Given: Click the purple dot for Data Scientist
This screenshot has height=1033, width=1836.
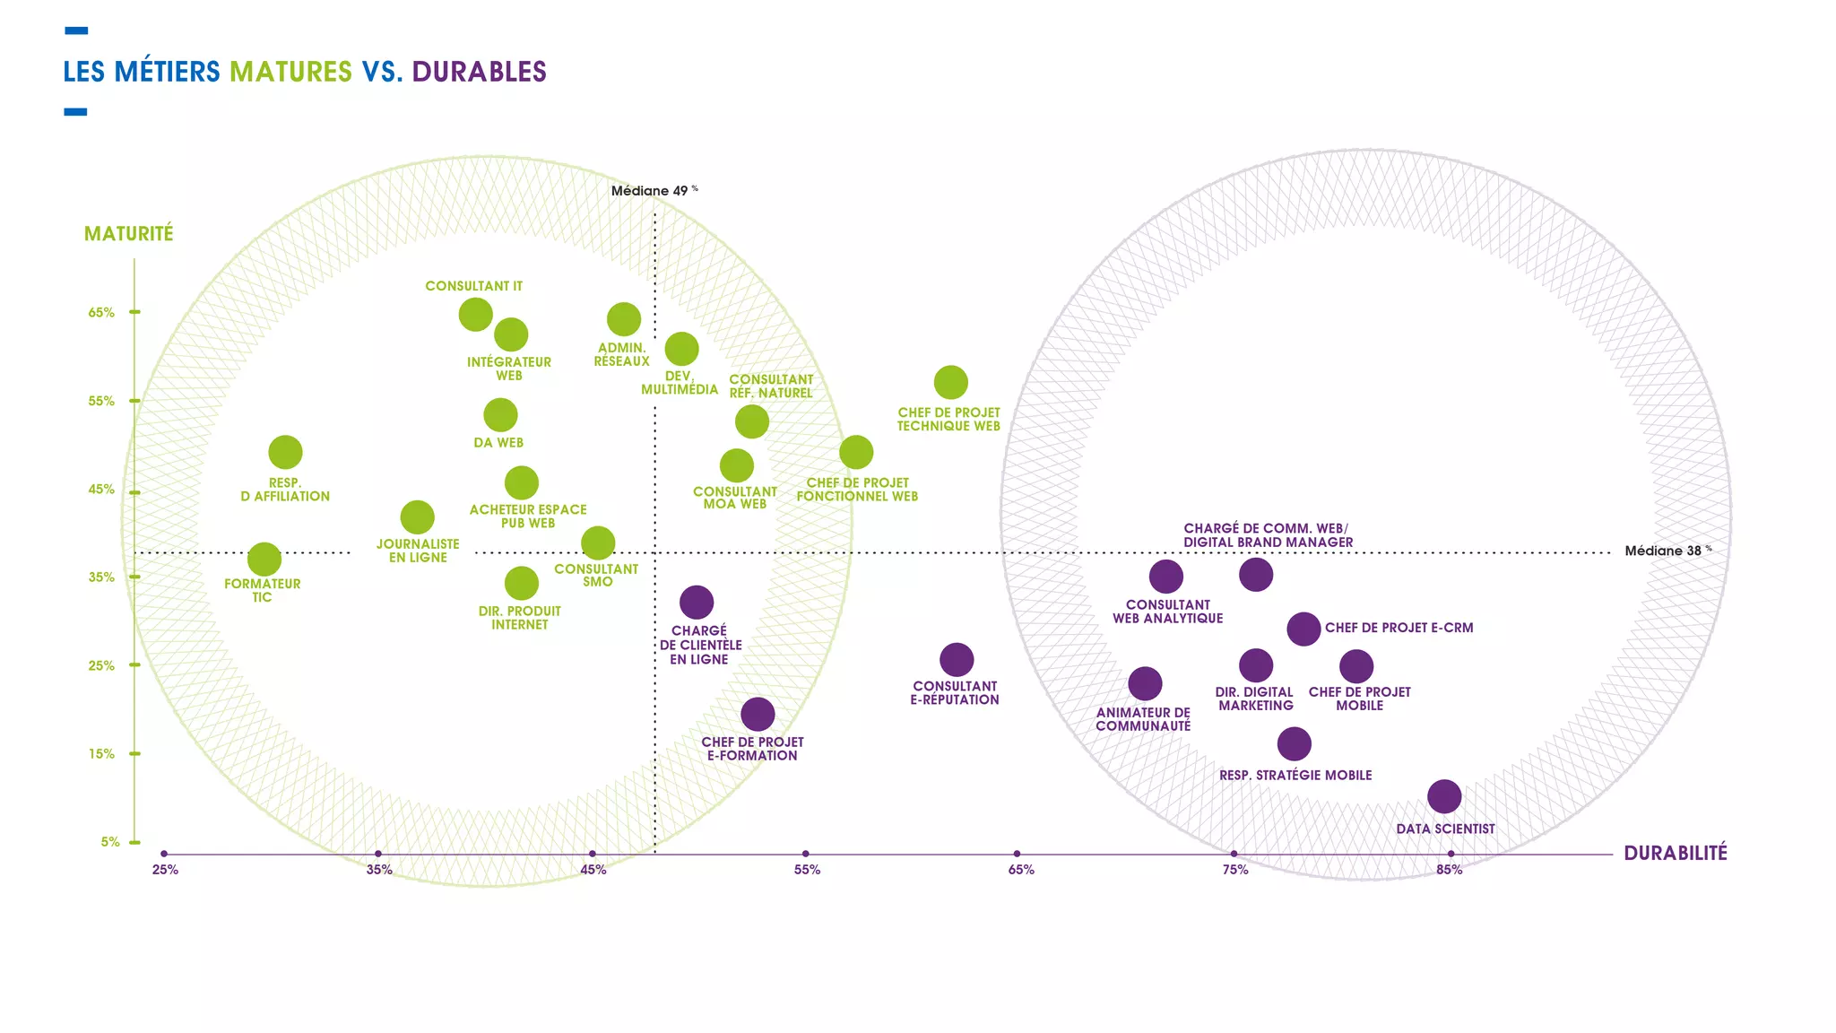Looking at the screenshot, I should [x=1443, y=796].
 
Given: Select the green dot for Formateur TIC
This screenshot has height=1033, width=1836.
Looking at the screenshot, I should [x=264, y=560].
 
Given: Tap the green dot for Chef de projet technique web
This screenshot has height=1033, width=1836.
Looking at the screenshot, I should [x=950, y=383].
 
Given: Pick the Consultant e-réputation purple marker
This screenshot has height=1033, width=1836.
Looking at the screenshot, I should [x=957, y=660].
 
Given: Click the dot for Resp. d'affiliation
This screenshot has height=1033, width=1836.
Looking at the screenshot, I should [x=285, y=453].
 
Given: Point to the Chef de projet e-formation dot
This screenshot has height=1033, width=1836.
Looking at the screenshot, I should [x=758, y=715].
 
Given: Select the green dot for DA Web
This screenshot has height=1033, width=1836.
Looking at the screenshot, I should [x=500, y=415].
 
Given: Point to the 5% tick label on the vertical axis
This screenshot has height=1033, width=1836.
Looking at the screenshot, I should [x=109, y=842].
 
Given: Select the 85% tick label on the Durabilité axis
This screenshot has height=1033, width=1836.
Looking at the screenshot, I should [x=1449, y=870].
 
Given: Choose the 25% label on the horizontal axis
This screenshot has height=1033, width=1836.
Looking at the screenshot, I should [x=165, y=870].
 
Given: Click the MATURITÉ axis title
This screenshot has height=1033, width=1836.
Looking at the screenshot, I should [x=129, y=234].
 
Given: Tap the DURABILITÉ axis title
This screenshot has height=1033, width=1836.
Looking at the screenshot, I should [x=1675, y=854].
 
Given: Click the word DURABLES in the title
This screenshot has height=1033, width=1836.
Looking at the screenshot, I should [x=479, y=72].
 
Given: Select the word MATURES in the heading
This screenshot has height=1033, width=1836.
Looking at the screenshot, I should [x=290, y=72].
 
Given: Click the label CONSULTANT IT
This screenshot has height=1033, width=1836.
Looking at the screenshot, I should [x=473, y=286].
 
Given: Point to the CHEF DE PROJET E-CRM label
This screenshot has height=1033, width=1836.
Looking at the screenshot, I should [x=1399, y=628].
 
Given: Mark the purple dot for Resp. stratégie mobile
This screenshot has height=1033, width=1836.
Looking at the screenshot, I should [x=1294, y=743].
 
